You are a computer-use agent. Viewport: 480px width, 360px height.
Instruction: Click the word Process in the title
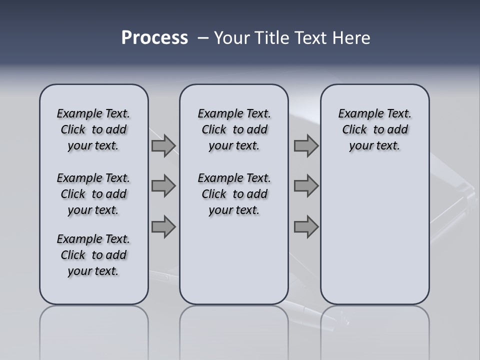pos(154,38)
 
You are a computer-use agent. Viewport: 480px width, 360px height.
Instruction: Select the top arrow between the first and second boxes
pos(163,146)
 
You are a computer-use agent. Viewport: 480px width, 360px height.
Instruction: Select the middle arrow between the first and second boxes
pos(163,186)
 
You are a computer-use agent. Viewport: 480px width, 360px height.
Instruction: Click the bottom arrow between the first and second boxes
pos(163,227)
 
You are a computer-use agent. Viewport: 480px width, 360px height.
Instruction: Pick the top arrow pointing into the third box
pos(306,146)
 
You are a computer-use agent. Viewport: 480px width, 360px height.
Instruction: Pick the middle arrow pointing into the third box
pos(306,186)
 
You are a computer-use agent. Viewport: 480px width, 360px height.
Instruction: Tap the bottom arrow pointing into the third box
pos(306,227)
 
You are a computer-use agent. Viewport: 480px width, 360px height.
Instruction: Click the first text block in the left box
pos(93,130)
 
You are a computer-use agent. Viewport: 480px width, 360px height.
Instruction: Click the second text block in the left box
pos(93,194)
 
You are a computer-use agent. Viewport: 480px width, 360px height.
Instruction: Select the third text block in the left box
pos(93,255)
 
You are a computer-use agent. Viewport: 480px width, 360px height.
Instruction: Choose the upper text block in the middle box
pos(234,130)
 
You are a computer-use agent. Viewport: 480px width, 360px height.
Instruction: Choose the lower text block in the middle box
pos(234,194)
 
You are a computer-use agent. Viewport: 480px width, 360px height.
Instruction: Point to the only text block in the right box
pos(374,130)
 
